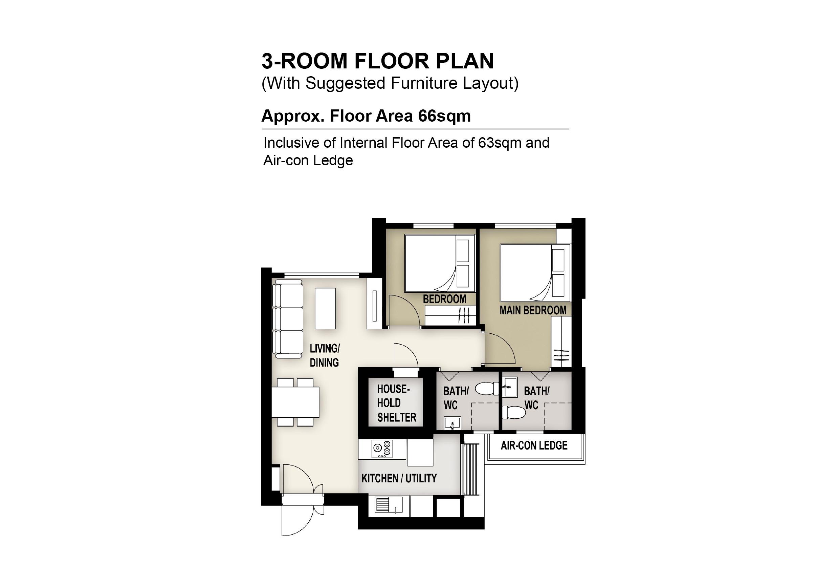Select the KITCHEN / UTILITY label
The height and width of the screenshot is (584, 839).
pyautogui.click(x=399, y=478)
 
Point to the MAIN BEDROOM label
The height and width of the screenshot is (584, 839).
pyautogui.click(x=533, y=311)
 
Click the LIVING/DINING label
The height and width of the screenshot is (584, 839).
pyautogui.click(x=325, y=355)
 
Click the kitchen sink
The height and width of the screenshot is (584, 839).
pyautogui.click(x=389, y=505)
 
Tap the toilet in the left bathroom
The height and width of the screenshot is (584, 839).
pyautogui.click(x=487, y=389)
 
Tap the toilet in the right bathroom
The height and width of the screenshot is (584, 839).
pyautogui.click(x=514, y=413)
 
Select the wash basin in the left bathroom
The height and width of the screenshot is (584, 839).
pyautogui.click(x=452, y=423)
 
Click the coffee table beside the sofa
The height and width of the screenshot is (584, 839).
pyautogui.click(x=325, y=309)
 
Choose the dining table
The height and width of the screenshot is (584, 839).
pyautogui.click(x=295, y=402)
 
